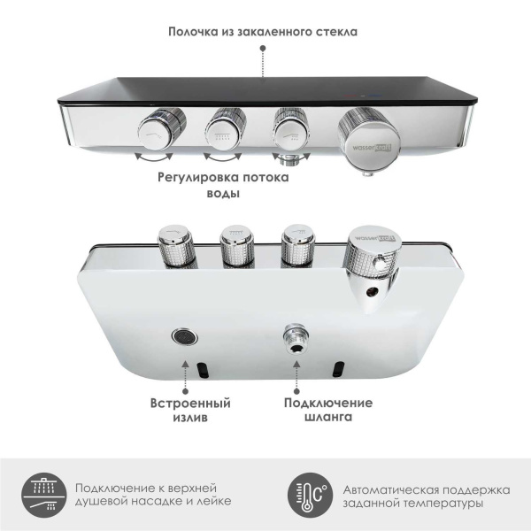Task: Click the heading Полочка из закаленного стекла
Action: pyautogui.click(x=265, y=32)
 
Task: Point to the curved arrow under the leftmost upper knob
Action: pyautogui.click(x=153, y=159)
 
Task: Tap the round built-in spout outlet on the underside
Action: pyautogui.click(x=183, y=337)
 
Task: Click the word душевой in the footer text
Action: pyautogui.click(x=108, y=502)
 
